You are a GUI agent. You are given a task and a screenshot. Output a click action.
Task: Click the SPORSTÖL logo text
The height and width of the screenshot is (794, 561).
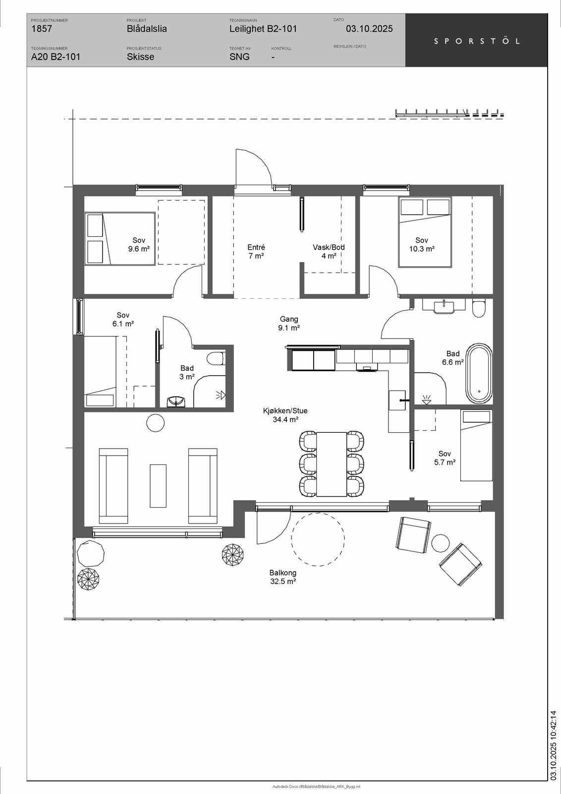[477, 41]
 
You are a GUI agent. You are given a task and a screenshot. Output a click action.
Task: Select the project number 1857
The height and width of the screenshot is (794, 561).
[42, 29]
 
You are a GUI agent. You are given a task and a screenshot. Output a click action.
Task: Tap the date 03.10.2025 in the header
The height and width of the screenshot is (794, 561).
[369, 29]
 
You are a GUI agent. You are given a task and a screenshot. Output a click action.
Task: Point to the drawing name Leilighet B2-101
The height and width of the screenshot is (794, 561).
[263, 29]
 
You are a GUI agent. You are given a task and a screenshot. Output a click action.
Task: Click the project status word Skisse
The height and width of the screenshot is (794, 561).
[141, 57]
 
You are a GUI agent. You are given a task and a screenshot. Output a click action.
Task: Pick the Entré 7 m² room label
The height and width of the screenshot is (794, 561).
[256, 251]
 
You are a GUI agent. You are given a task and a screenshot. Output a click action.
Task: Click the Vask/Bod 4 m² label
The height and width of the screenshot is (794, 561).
[329, 251]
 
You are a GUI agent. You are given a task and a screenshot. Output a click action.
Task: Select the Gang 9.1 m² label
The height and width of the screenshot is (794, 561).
[289, 323]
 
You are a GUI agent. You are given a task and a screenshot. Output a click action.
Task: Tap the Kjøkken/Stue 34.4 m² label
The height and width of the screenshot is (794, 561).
[285, 415]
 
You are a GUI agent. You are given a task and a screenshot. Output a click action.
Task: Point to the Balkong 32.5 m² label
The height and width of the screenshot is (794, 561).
[283, 577]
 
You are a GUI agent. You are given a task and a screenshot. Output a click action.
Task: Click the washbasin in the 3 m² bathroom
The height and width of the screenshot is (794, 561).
[176, 401]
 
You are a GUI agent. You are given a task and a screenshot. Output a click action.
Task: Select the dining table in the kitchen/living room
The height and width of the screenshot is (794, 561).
[331, 464]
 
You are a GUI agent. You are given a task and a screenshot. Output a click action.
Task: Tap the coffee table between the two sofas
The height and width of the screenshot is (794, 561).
[158, 486]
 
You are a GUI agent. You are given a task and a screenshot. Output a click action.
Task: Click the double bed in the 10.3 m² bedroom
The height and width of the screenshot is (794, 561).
[425, 232]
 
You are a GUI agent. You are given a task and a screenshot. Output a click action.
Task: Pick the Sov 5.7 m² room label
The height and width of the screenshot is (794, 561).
[445, 458]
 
